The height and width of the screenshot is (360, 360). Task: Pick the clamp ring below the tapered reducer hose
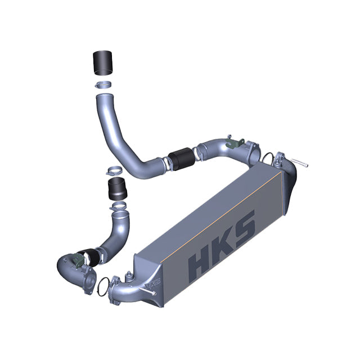coord(120,210)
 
